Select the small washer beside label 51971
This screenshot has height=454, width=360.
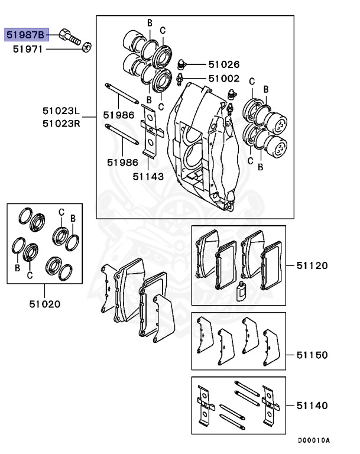pos(87,46)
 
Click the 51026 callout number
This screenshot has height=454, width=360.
pos(223,64)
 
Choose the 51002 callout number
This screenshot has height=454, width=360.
pos(223,78)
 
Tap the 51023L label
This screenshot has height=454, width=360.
pos(60,111)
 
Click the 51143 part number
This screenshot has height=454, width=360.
pos(148,176)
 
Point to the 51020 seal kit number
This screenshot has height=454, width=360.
pos(44,304)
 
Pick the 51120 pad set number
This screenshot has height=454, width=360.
pos(312,265)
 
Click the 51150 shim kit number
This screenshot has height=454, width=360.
pos(312,355)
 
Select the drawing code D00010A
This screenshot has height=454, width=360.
pos(313,440)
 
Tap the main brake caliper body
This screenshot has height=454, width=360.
pos(201,148)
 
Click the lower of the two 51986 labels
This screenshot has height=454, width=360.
pos(122,161)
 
